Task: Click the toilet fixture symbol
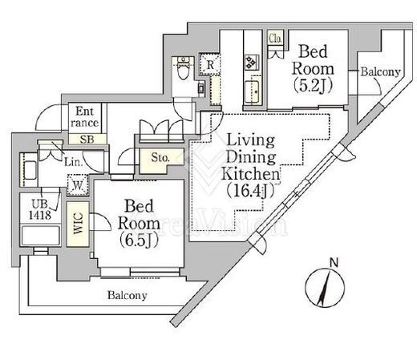183,68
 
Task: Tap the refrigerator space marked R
210,64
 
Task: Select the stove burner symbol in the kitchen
252,63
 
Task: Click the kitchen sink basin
252,91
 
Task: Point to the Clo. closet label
275,38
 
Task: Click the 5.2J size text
313,86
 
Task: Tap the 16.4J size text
250,191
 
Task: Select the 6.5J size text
140,241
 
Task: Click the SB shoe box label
87,140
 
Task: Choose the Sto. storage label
160,158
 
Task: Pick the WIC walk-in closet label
78,224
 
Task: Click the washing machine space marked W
78,185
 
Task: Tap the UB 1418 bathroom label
40,209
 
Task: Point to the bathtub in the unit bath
41,236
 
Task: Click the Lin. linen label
73,162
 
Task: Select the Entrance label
85,117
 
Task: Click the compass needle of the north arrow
325,287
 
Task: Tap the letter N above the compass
334,262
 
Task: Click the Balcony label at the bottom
128,295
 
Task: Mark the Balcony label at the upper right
380,71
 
